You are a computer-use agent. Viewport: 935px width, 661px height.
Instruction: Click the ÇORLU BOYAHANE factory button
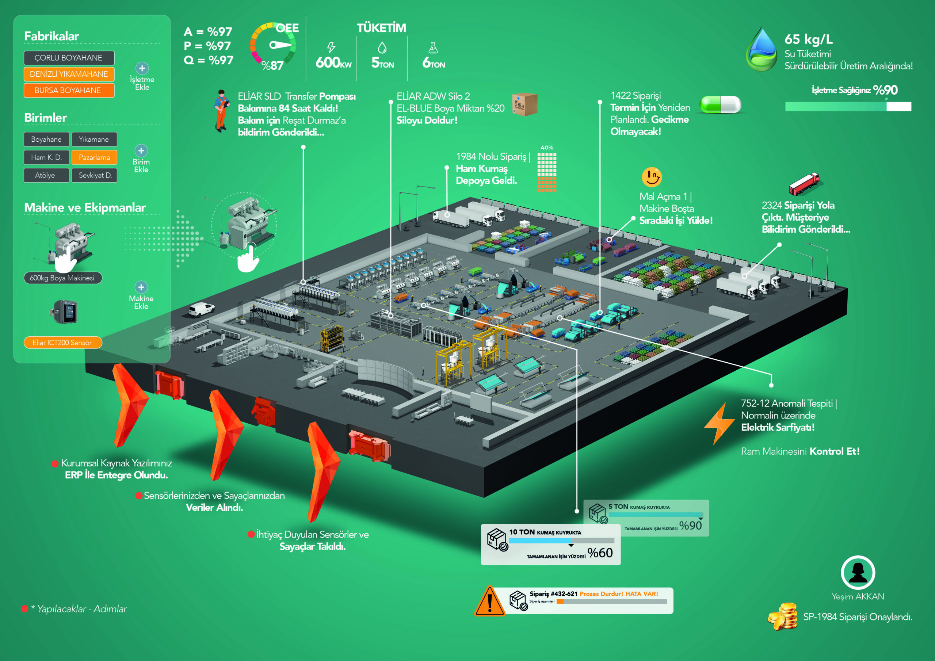69,58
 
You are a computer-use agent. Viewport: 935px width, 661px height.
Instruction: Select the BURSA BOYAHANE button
69,91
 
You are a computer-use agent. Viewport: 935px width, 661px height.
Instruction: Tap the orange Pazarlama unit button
95,157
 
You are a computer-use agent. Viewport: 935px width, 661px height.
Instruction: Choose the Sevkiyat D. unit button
95,175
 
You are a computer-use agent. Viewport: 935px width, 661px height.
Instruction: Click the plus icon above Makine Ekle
141,287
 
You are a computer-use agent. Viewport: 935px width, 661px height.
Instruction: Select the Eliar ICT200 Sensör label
63,343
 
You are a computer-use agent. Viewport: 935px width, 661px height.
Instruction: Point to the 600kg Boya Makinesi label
63,278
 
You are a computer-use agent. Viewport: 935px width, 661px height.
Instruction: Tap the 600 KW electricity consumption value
333,63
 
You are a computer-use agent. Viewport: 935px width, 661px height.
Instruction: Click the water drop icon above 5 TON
382,47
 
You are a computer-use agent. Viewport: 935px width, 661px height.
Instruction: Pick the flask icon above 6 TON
433,47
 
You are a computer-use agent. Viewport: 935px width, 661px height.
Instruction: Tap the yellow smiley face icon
652,177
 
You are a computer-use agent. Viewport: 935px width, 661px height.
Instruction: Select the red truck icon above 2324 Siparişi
804,184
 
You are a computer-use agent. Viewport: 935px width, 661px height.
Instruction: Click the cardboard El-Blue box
524,104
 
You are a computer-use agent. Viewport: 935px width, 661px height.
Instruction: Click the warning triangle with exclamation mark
490,601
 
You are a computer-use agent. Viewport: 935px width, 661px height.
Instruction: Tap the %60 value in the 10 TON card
600,553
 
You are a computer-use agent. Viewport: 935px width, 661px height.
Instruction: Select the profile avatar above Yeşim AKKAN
858,572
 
